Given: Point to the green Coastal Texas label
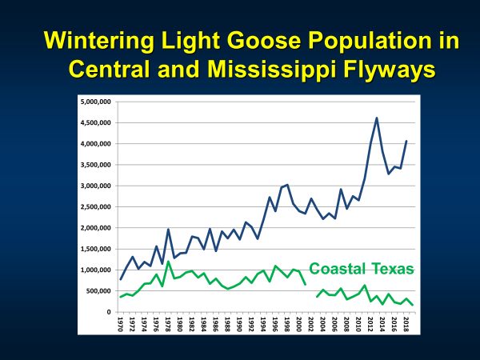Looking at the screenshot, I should coord(362,269).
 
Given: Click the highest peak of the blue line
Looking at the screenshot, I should coord(376,118).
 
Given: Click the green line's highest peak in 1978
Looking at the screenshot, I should coord(168,262).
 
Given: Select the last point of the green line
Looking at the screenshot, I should coord(412,306).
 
